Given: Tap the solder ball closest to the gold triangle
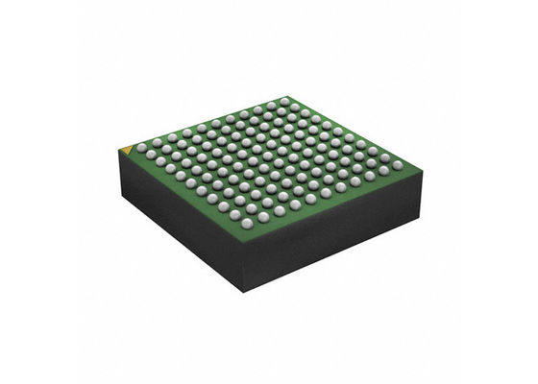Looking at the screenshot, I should point(141,148).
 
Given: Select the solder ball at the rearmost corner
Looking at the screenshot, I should point(285,101).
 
